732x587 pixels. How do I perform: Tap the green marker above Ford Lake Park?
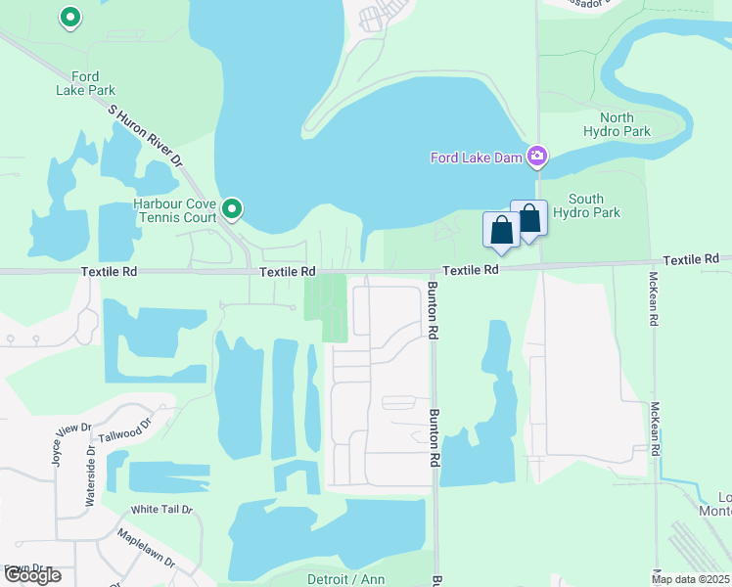pos(69,17)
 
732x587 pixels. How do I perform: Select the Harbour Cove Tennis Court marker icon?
pos(232,207)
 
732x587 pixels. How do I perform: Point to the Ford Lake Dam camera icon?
pos(537,156)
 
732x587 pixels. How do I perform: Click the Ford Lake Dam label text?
pos(477,157)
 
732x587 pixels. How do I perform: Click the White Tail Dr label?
pos(162,510)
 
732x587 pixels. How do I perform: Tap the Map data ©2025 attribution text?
pos(691,579)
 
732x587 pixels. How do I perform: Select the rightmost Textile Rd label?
pos(691,259)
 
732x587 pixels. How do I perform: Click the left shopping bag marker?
pos(501,231)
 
